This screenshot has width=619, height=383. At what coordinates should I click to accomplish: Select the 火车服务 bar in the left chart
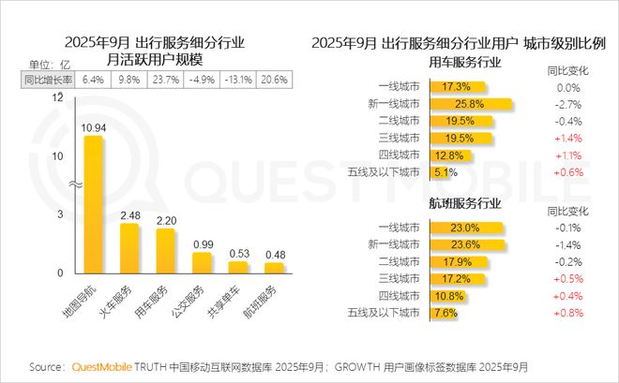129,248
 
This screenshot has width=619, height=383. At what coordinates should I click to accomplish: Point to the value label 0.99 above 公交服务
202,245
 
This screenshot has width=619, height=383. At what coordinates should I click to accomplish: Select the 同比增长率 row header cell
47,80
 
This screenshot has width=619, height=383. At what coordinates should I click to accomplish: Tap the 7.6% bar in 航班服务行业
445,312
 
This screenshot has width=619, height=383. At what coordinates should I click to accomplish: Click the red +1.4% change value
565,138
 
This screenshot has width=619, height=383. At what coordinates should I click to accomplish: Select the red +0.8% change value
565,312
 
